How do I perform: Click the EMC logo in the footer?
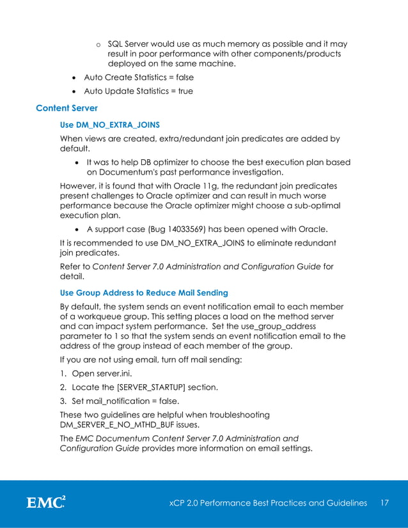45,502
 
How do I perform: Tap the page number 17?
385,503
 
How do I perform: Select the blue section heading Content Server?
67,108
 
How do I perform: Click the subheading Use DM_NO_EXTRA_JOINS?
109,125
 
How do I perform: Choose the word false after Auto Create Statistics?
181,77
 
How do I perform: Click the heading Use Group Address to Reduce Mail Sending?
144,293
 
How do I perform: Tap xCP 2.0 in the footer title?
182,503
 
